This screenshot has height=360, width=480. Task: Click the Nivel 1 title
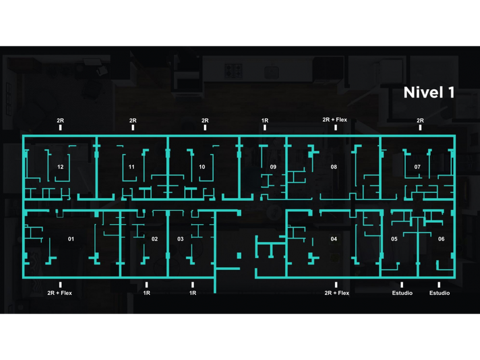(429, 93)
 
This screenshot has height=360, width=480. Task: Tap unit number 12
(60, 167)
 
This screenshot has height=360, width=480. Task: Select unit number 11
(131, 167)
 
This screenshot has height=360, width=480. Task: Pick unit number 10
(202, 167)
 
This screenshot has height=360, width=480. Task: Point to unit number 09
(273, 167)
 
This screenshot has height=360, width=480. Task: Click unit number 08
(334, 167)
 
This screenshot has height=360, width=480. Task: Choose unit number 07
(417, 167)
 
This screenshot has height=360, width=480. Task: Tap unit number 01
(71, 239)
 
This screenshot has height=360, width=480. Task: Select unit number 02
(154, 239)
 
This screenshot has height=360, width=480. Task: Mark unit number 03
(181, 239)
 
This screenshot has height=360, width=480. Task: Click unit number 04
(334, 239)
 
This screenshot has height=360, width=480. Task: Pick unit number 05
(394, 239)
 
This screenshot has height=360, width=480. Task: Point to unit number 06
(441, 239)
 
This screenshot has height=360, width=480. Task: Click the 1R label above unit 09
(265, 121)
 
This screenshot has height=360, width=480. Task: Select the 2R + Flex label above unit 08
(334, 120)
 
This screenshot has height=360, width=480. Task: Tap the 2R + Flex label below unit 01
(59, 293)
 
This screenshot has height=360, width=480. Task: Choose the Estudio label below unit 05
(402, 293)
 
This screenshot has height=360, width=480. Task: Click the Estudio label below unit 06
(439, 293)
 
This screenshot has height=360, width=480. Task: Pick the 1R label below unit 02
(147, 293)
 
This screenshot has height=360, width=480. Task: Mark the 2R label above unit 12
(60, 121)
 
